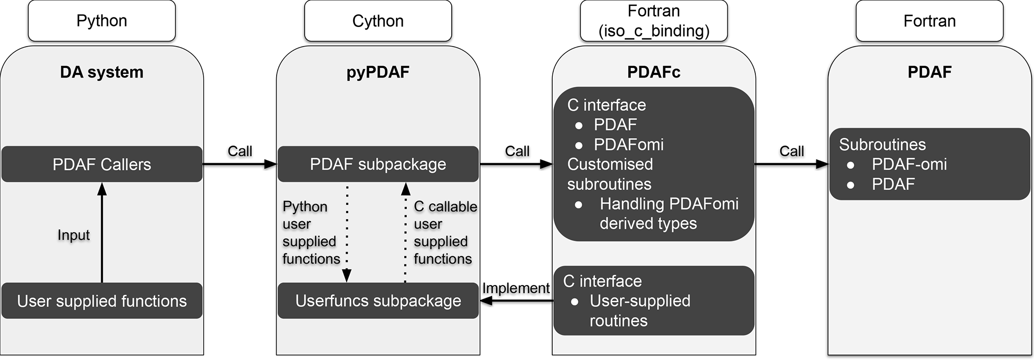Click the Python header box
pos(102,21)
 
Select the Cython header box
pos(378,21)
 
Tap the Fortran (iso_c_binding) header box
pos(654,21)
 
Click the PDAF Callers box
pos(102,164)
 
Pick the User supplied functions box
pos(102,301)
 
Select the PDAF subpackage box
pos(378,164)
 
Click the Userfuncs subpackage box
pos(378,301)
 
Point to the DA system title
pos(102,72)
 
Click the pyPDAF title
pos(378,72)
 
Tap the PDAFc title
pos(654,72)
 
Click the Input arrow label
pos(74,235)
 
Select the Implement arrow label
pos(516,288)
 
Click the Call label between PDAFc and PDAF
pos(791,151)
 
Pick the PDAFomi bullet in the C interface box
pos(628,144)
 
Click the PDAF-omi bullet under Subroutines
pos(909,164)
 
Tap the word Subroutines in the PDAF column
pos(882,144)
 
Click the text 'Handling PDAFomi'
pos(669,204)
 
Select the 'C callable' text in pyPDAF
pos(445,206)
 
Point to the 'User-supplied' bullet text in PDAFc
pos(640,301)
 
